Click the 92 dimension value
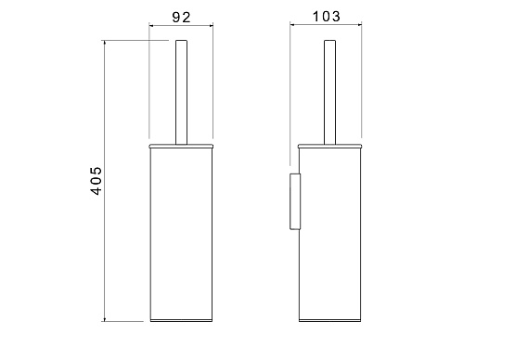coord(181,17)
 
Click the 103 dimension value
coord(326,17)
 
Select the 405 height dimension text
coord(96,181)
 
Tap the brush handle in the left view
coord(181,92)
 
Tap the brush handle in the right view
coord(329,92)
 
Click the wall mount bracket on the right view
coord(295,201)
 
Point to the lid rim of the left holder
coord(181,147)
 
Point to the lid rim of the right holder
coord(330,147)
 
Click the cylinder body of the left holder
coord(181,233)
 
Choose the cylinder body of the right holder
coord(330,233)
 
